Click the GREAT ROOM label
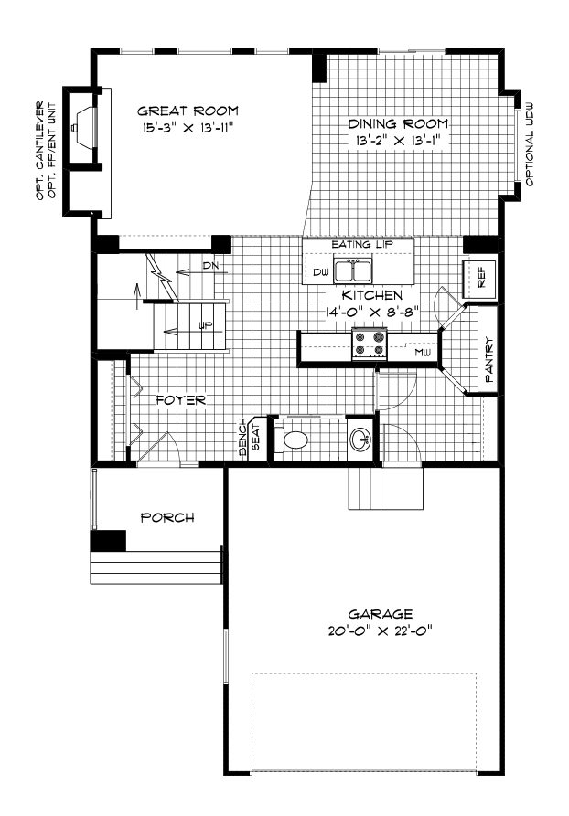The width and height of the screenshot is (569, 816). (x=188, y=111)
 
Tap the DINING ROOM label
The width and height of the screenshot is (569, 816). (x=398, y=124)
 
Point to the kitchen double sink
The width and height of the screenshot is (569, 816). (x=353, y=270)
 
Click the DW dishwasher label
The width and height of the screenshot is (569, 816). (x=321, y=272)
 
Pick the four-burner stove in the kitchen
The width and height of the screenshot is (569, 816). (x=370, y=343)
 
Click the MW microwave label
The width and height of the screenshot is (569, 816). (x=423, y=353)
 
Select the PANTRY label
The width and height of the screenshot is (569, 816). (x=489, y=360)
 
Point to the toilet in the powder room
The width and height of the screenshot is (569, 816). (x=291, y=440)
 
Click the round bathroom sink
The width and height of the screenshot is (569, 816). (x=360, y=440)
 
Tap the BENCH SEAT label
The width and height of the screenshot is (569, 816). (x=249, y=437)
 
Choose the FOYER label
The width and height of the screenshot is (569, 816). (x=181, y=400)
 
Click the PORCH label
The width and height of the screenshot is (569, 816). (x=167, y=518)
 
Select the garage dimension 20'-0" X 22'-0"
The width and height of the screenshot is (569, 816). (x=381, y=631)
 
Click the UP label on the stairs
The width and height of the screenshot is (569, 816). (x=206, y=326)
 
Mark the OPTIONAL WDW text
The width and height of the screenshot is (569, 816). (x=530, y=144)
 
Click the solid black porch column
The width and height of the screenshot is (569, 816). (x=108, y=540)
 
